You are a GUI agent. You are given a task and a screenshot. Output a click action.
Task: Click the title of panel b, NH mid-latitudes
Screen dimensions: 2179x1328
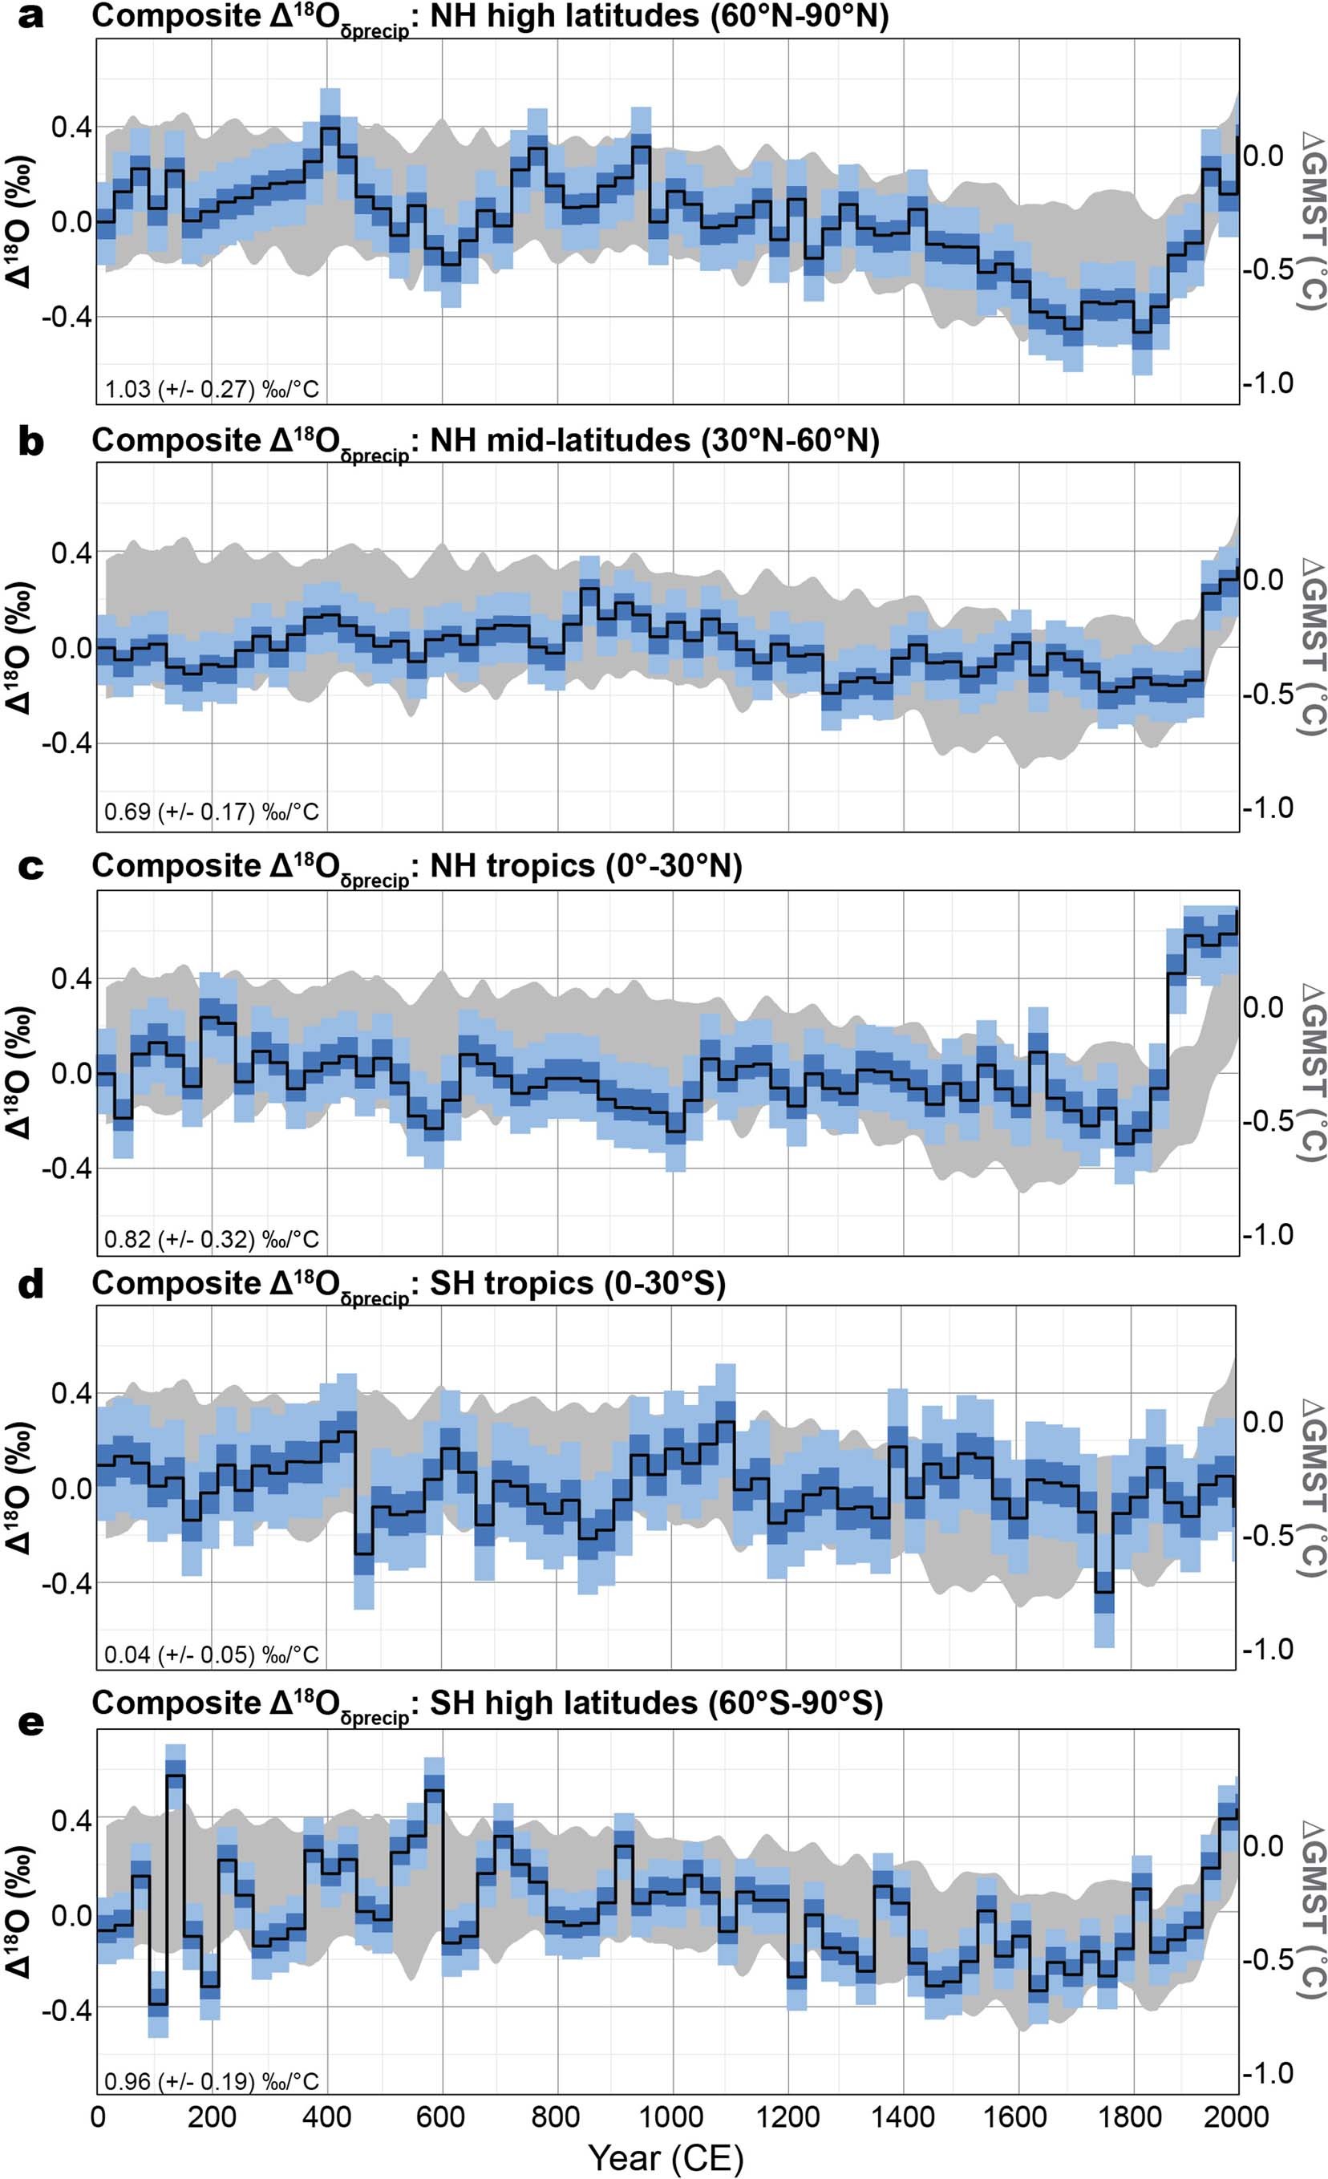(x=485, y=440)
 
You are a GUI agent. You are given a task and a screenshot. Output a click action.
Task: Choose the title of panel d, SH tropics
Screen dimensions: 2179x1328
(x=408, y=1284)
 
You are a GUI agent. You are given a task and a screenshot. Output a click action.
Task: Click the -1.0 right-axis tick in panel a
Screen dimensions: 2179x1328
(x=1267, y=383)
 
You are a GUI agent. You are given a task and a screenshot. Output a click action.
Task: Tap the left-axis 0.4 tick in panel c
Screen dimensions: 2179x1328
(x=70, y=978)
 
